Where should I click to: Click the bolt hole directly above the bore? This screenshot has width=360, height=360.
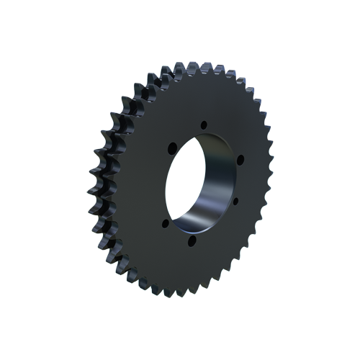[204, 124]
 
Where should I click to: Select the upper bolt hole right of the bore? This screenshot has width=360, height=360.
[240, 158]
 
